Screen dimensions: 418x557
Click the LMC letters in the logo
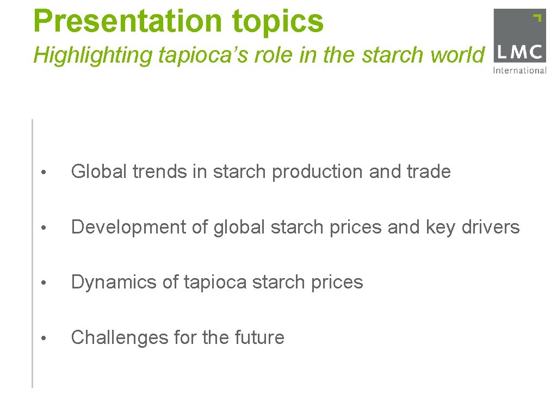point(519,52)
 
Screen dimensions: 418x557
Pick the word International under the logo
point(519,70)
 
